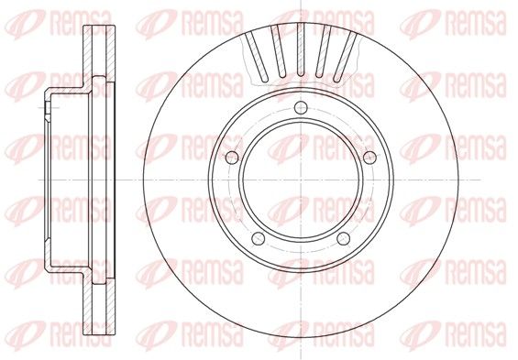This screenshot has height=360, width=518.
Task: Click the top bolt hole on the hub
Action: [x=301, y=107]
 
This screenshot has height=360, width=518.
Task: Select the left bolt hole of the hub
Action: [x=232, y=158]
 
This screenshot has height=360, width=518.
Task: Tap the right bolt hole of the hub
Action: [x=369, y=158]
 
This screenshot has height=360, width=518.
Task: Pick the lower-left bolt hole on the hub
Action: [x=258, y=238]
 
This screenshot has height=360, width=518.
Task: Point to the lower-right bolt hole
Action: [x=343, y=238]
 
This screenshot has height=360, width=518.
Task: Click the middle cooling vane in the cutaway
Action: [x=301, y=49]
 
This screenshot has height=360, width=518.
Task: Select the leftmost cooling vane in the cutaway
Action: [x=257, y=57]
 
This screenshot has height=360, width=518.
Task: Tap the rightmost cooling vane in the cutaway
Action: [x=345, y=57]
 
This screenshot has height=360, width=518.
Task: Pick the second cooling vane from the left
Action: [x=279, y=52]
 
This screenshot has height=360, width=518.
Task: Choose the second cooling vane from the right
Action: [x=323, y=52]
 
